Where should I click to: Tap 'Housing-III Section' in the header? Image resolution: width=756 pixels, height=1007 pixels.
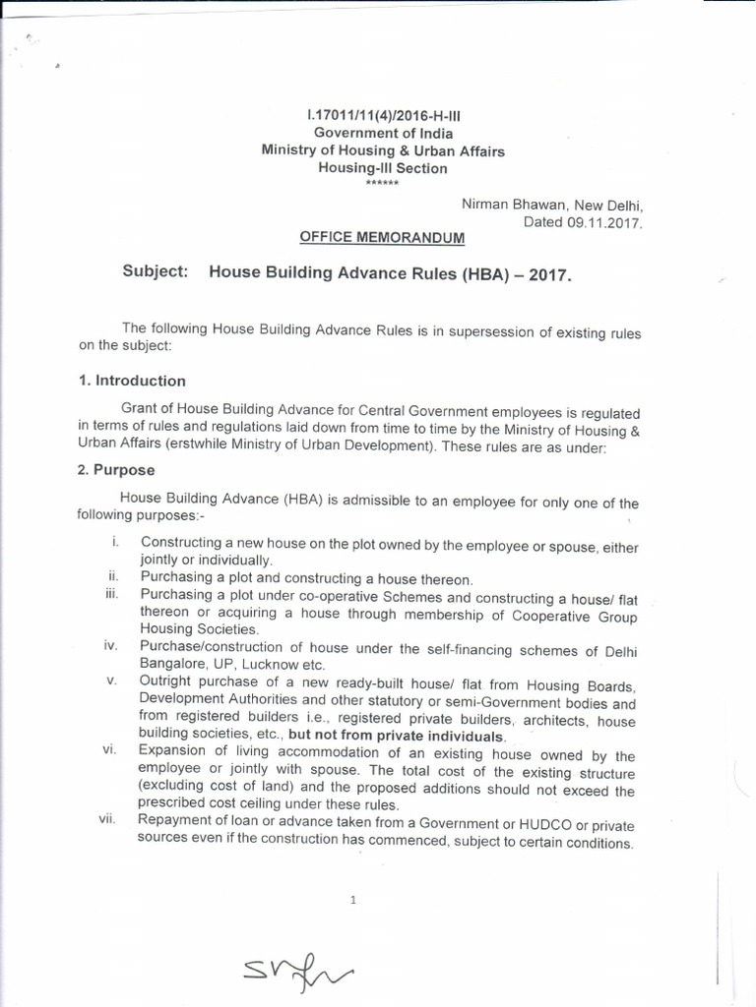point(382,168)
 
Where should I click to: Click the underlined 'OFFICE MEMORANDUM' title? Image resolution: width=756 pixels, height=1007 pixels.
point(382,238)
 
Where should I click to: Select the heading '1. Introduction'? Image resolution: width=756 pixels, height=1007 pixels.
point(132,381)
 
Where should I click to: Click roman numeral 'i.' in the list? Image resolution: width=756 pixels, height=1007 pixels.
point(115,541)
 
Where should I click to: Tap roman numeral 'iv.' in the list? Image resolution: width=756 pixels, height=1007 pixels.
point(111,646)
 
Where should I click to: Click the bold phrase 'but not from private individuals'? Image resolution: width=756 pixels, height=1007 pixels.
point(397,737)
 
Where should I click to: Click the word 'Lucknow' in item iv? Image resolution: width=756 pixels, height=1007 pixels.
point(269,664)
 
